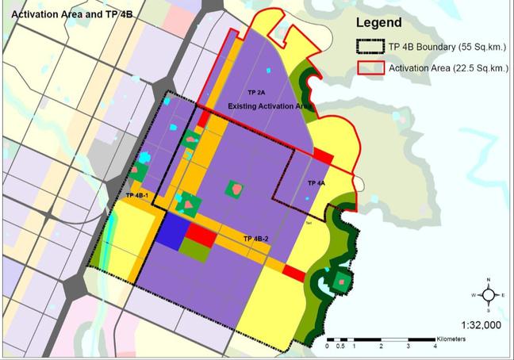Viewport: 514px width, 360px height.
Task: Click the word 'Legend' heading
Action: click(379, 23)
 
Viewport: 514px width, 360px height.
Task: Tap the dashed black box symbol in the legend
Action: click(369, 46)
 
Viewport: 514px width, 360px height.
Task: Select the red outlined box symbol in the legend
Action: click(369, 68)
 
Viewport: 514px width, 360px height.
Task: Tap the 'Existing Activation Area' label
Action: click(270, 105)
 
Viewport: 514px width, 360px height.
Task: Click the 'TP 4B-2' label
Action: click(256, 238)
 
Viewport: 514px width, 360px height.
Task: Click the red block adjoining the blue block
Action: click(201, 236)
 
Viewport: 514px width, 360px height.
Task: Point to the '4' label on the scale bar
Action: click(435, 347)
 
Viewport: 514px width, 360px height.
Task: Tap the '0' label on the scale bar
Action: click(328, 347)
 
